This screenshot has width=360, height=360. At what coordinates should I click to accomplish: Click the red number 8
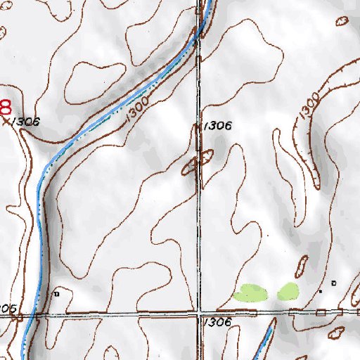pyautogui.click(x=5, y=108)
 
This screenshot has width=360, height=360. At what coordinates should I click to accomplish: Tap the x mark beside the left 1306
pyautogui.click(x=8, y=121)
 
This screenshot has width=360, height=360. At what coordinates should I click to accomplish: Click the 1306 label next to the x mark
pyautogui.click(x=26, y=122)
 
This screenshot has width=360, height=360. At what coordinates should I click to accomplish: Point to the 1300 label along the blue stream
pyautogui.click(x=139, y=108)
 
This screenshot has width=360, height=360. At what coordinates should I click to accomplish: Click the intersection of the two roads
pyautogui.click(x=200, y=311)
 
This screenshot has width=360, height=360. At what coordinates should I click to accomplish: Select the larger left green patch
pyautogui.click(x=251, y=292)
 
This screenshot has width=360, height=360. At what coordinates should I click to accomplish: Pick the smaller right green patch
pyautogui.click(x=288, y=291)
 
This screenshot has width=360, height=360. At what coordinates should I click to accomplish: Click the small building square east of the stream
pyautogui.click(x=58, y=292)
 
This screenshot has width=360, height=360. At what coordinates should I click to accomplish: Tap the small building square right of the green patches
pyautogui.click(x=334, y=283)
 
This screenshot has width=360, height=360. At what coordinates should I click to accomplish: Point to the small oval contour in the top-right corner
pyautogui.click(x=344, y=22)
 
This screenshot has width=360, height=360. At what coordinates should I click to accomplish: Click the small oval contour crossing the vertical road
pyautogui.click(x=199, y=162)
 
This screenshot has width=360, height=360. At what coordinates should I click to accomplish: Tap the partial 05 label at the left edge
pyautogui.click(x=7, y=308)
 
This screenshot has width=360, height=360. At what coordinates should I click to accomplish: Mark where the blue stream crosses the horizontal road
pyautogui.click(x=29, y=314)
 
